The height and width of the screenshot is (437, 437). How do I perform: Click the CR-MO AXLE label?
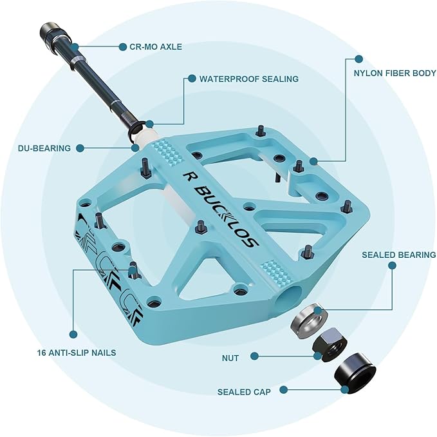(x=156, y=46)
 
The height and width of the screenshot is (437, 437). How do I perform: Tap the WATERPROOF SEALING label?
(x=248, y=79)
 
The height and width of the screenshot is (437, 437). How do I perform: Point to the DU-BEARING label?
(x=44, y=148)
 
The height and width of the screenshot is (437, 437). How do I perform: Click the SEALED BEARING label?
(x=398, y=255)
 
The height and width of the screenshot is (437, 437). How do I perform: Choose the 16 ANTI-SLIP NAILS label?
(x=77, y=353)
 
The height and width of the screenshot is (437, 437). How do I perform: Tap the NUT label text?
(x=229, y=358)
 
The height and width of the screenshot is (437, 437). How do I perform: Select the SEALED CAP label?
(x=244, y=391)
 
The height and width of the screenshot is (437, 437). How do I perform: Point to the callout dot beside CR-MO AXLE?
(x=122, y=46)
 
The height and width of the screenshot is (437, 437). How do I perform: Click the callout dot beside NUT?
(x=255, y=356)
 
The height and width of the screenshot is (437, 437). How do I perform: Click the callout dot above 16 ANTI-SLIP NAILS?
(x=73, y=334)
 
